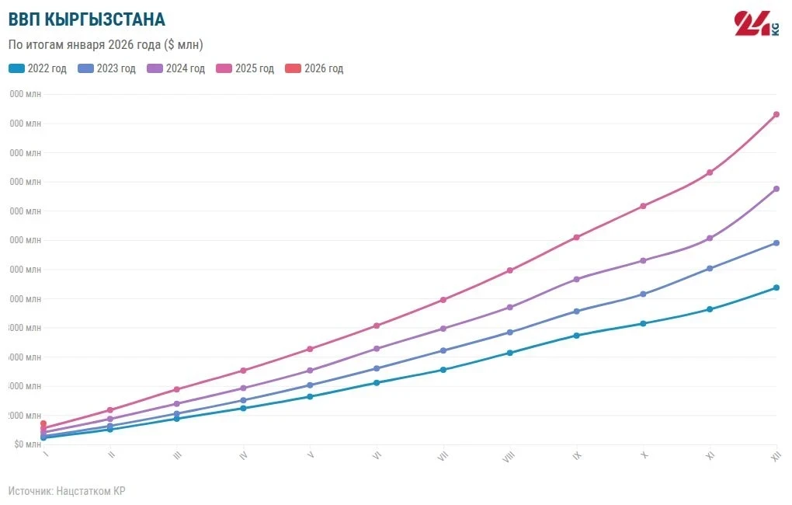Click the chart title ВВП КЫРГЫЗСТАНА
[x=86, y=19]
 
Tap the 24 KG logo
[x=756, y=24]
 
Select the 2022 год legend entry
[x=38, y=68]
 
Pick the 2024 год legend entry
[x=176, y=68]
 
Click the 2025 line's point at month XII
[x=776, y=114]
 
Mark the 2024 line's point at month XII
[x=776, y=189]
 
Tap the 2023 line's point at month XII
[x=776, y=243]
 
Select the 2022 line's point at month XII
[x=776, y=287]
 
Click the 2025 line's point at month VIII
[x=509, y=270]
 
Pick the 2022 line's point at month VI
[x=377, y=382]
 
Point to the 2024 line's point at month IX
[x=576, y=279]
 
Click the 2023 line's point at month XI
[x=710, y=269]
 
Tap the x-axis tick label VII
[x=443, y=456]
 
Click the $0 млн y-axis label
[x=28, y=444]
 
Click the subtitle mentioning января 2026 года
[x=106, y=45]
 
